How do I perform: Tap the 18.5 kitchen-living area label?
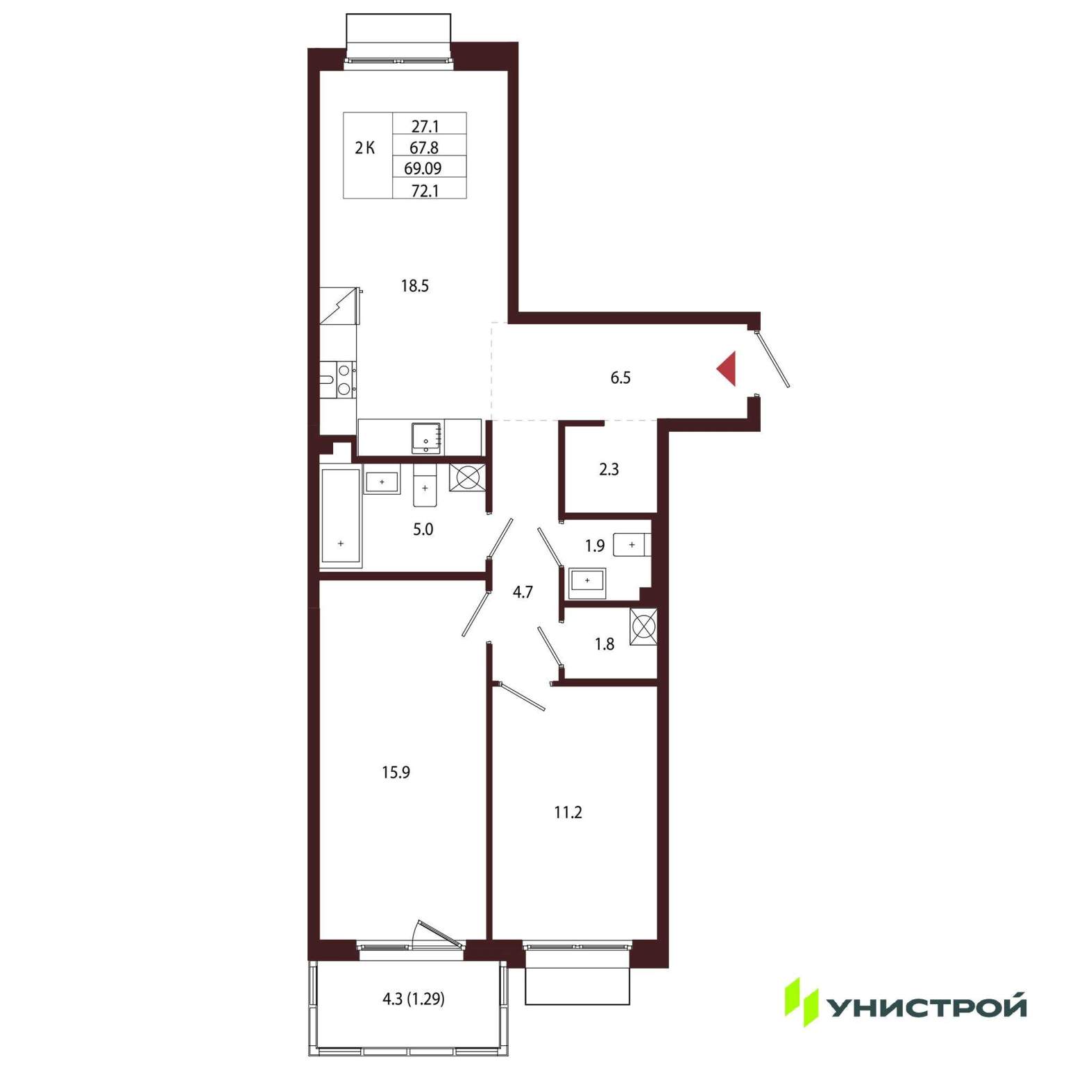tap(415, 285)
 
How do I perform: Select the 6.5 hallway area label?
tap(620, 378)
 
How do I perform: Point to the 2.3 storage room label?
tap(609, 470)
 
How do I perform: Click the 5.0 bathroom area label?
tap(423, 530)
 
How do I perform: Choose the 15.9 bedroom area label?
tap(396, 772)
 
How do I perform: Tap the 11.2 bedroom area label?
tap(568, 812)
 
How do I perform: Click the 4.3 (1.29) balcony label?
tap(414, 999)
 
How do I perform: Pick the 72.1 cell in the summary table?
tap(425, 190)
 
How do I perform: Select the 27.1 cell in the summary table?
tap(425, 126)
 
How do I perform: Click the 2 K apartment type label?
tap(365, 148)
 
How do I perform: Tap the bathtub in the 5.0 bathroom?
tap(341, 517)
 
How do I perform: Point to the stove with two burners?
tap(345, 380)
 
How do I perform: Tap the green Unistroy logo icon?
tap(801, 1001)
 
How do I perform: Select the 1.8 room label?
tap(604, 644)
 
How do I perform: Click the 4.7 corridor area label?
tap(523, 592)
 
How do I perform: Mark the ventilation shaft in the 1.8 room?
tap(643, 627)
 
